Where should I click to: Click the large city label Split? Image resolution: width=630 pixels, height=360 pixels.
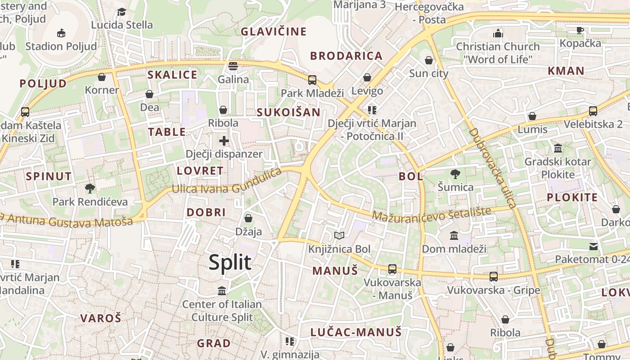coord(229,262)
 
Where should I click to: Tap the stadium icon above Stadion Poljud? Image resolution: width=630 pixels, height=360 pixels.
coord(61,33)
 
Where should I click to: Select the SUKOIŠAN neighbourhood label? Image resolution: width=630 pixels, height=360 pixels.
coord(288,112)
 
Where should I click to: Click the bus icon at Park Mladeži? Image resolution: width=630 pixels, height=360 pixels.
coord(312,80)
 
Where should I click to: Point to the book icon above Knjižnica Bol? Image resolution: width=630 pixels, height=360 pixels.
coord(339,235)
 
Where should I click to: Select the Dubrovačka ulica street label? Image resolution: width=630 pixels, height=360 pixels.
coord(493,167)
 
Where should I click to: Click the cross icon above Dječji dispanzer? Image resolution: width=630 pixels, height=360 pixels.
coord(224,141)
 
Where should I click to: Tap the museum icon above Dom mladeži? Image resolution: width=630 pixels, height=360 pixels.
coord(454,235)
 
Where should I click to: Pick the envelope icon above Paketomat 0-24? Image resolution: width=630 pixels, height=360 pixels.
coord(594,246)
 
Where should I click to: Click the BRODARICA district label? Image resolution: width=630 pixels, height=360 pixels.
coord(346,56)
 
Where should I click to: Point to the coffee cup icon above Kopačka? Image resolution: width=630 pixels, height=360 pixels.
coord(580,30)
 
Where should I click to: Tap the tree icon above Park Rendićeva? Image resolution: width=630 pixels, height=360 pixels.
coord(90,189)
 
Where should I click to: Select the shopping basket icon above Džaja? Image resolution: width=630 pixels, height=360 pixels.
coord(248,219)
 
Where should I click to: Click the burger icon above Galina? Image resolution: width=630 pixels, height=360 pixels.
coord(233,66)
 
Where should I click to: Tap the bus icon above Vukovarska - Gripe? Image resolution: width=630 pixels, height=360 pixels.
coord(494,277)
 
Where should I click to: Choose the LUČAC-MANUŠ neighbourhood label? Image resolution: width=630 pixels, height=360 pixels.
coord(355,333)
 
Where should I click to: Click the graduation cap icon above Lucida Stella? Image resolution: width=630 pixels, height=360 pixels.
coord(121,12)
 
